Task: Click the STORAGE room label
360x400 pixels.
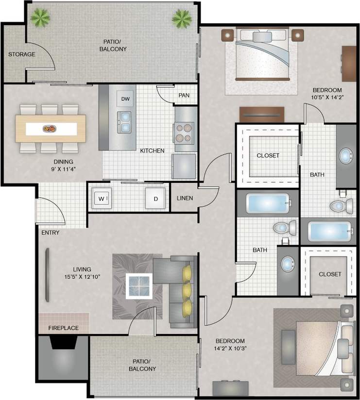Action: pyautogui.click(x=21, y=54)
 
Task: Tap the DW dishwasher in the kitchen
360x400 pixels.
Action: pyautogui.click(x=125, y=99)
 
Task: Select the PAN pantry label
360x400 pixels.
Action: pyautogui.click(x=184, y=95)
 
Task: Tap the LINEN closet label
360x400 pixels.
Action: pyautogui.click(x=185, y=198)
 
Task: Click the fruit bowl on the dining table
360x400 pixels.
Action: pyautogui.click(x=49, y=129)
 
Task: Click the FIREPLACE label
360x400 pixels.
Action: pyautogui.click(x=63, y=328)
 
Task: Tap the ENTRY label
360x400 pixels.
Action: pyautogui.click(x=50, y=233)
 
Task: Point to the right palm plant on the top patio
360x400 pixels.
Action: pyautogui.click(x=181, y=19)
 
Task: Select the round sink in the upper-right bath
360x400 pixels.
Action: pyautogui.click(x=346, y=156)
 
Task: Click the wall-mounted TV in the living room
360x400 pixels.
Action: pyautogui.click(x=47, y=274)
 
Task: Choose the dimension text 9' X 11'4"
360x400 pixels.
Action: pyautogui.click(x=64, y=169)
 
